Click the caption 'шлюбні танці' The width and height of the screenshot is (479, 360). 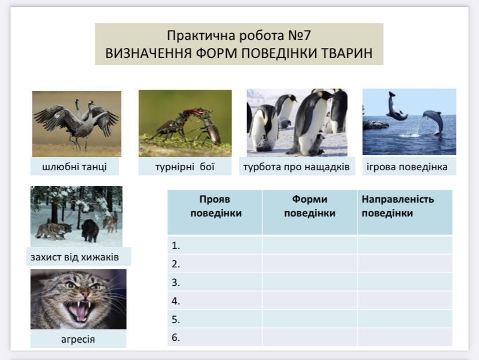click(x=74, y=167)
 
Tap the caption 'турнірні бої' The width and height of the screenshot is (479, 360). click(x=185, y=167)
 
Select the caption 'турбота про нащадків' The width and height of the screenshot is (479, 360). click(x=296, y=167)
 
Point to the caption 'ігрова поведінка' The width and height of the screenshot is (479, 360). click(x=407, y=167)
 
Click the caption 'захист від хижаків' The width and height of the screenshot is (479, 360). click(x=75, y=257)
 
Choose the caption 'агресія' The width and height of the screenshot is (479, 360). click(x=78, y=339)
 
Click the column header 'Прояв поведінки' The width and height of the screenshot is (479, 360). click(x=216, y=206)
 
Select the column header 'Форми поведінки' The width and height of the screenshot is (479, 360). click(x=309, y=206)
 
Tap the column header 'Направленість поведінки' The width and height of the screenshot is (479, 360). click(x=398, y=206)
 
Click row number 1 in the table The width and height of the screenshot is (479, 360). click(x=176, y=245)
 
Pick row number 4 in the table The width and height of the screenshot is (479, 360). click(x=176, y=301)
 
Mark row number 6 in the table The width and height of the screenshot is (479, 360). click(x=176, y=337)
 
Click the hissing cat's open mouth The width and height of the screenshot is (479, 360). click(x=79, y=310)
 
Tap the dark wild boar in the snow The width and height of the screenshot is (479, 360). click(x=90, y=230)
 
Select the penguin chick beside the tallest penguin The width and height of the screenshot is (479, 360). click(x=319, y=144)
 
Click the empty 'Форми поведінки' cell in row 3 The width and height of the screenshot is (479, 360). click(x=309, y=282)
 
